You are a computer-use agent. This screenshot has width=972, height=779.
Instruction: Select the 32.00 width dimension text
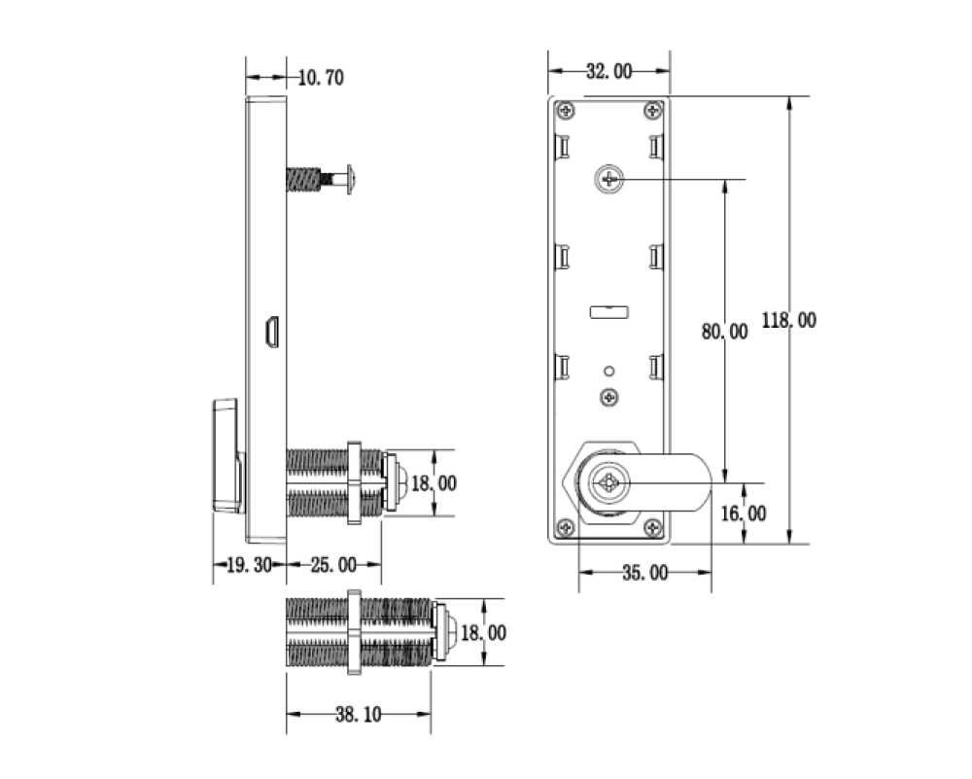coord(608,71)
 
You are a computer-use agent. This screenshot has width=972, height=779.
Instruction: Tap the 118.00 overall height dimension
coord(789,320)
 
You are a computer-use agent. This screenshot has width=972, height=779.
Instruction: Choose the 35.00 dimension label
coord(644,573)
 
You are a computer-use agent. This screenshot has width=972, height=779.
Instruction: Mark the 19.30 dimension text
coord(249,565)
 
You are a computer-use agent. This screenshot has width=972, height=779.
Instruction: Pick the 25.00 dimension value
coord(332,565)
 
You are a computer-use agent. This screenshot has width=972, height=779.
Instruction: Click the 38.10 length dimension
coord(359,715)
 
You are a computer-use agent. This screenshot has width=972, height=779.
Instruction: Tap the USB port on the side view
coord(274,332)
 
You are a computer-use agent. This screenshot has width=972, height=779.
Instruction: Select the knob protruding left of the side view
coord(227,454)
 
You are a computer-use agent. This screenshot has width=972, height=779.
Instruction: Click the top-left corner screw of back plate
coord(565,109)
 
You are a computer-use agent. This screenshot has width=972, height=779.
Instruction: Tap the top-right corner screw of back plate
coord(655,109)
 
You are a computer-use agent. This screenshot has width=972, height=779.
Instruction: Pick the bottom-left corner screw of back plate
coord(565,528)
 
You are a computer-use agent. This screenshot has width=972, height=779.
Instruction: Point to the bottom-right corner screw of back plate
coord(655,528)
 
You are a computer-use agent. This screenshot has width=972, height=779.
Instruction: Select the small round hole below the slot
coord(608,371)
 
